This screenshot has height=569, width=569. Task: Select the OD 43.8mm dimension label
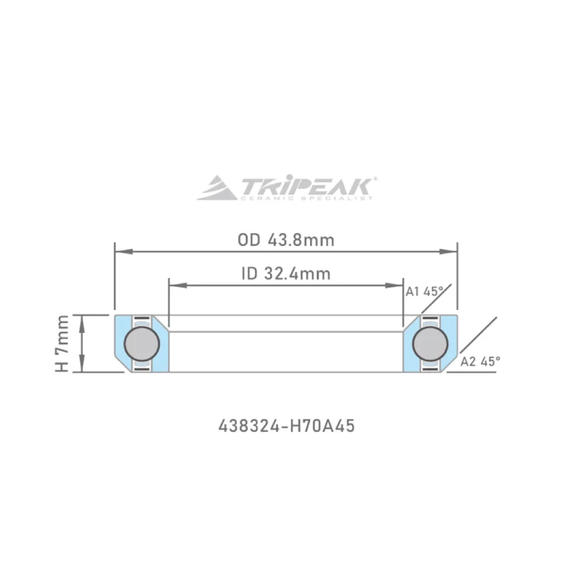(x=285, y=239)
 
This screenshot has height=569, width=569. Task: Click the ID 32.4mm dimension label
(x=285, y=273)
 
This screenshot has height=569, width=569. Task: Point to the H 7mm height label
(x=63, y=344)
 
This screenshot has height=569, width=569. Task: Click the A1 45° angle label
(x=424, y=291)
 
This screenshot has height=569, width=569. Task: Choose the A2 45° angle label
(x=480, y=361)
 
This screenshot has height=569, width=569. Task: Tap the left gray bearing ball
(x=142, y=344)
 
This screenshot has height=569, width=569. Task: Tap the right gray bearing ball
(x=430, y=344)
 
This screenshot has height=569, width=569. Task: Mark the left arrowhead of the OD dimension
(x=120, y=251)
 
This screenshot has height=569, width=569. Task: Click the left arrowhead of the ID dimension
(x=173, y=285)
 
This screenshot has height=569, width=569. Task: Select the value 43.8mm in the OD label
(x=301, y=239)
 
